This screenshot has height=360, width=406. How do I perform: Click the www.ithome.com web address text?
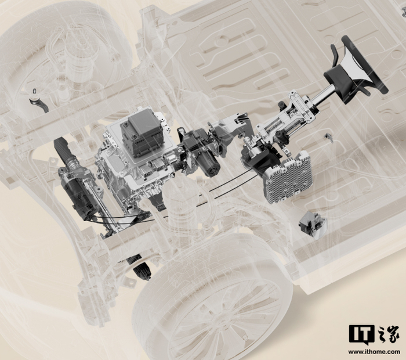[374, 352]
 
